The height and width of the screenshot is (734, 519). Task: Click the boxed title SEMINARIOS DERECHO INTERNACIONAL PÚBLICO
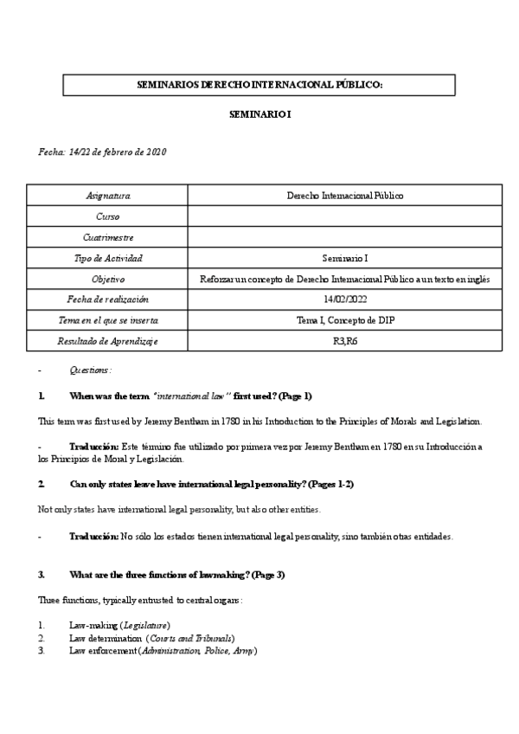pyautogui.click(x=259, y=85)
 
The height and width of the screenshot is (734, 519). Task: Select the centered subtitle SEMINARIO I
pyautogui.click(x=259, y=114)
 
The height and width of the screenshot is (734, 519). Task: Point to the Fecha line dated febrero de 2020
pyautogui.click(x=102, y=152)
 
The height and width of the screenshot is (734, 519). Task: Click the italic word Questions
pyautogui.click(x=90, y=370)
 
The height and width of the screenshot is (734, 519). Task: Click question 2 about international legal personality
pyautogui.click(x=199, y=484)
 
